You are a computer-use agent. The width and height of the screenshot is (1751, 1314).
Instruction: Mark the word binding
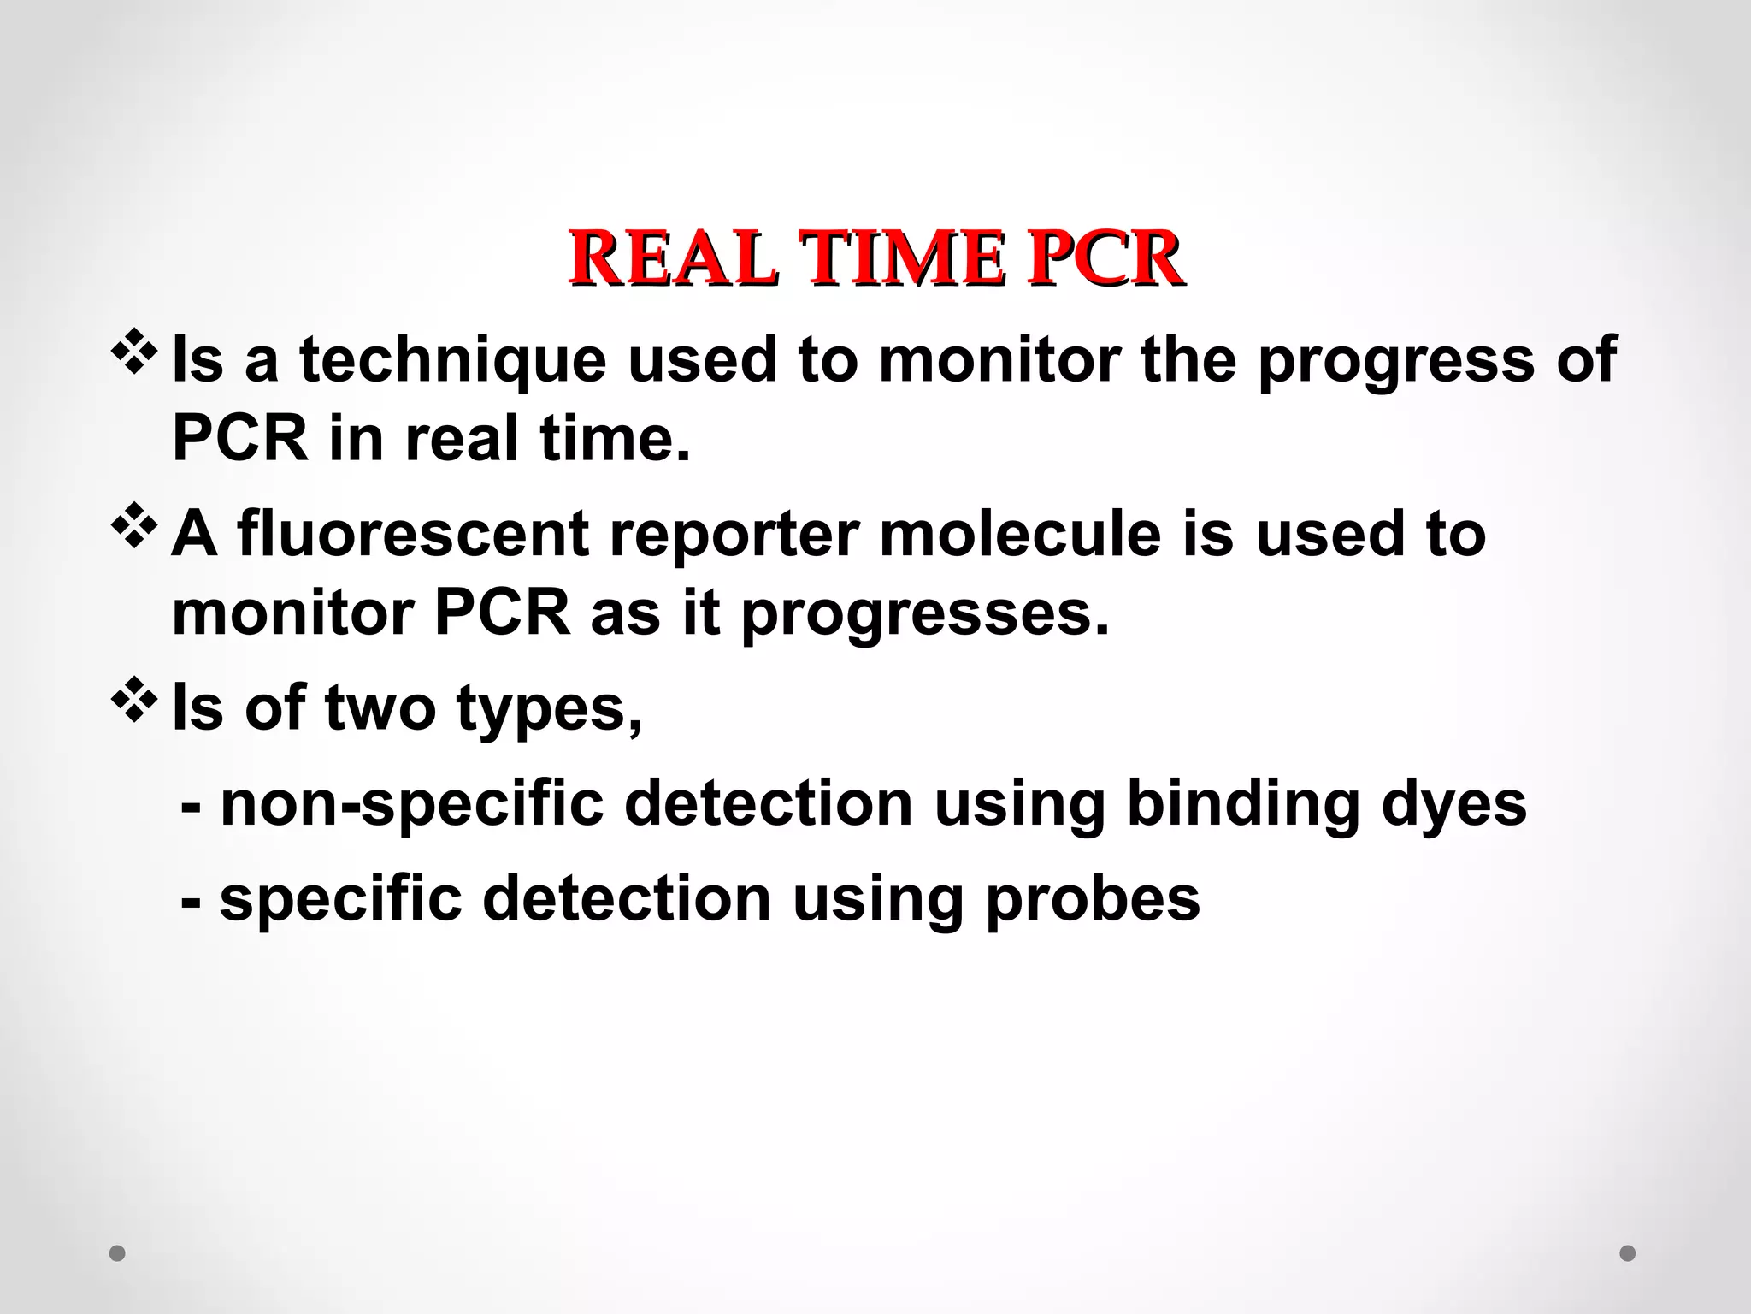click(1242, 804)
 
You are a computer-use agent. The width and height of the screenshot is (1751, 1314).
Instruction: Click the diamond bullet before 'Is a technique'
click(134, 352)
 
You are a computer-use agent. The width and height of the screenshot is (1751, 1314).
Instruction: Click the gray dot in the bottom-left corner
click(118, 1253)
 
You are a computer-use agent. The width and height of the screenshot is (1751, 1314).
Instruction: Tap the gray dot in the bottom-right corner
click(1628, 1253)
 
